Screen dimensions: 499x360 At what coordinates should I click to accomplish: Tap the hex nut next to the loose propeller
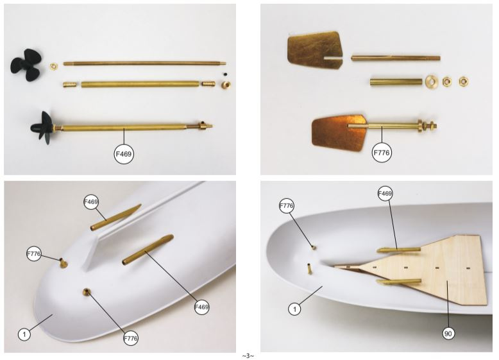click(x=54, y=66)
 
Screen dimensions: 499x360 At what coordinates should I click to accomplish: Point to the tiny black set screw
click(x=225, y=74)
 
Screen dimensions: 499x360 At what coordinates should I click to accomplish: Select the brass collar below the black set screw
click(x=226, y=85)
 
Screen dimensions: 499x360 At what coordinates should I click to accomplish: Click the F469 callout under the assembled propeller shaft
click(x=124, y=154)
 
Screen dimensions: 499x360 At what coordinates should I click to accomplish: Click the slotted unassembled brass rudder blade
click(x=315, y=51)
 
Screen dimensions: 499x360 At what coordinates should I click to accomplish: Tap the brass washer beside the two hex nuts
click(x=432, y=81)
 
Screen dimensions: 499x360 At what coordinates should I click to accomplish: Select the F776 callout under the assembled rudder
click(x=382, y=153)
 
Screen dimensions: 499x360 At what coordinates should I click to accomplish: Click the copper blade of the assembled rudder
click(x=338, y=132)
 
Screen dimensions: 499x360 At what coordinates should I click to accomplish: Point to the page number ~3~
click(x=248, y=356)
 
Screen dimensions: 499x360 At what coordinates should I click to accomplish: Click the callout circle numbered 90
click(x=448, y=334)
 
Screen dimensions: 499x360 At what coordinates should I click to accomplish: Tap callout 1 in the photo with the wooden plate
click(x=294, y=309)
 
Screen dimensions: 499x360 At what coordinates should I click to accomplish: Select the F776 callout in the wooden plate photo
click(x=286, y=205)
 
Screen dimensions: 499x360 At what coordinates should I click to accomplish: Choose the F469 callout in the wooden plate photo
click(x=385, y=193)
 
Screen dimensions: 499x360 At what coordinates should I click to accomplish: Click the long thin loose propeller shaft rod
click(x=144, y=64)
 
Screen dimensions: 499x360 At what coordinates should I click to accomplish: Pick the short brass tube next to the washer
click(x=396, y=82)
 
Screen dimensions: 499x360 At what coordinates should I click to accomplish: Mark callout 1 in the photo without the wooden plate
click(x=24, y=334)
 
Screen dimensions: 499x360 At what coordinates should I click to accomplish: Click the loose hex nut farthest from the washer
click(x=463, y=81)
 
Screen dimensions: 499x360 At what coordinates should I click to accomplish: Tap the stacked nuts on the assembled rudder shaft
click(x=427, y=126)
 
